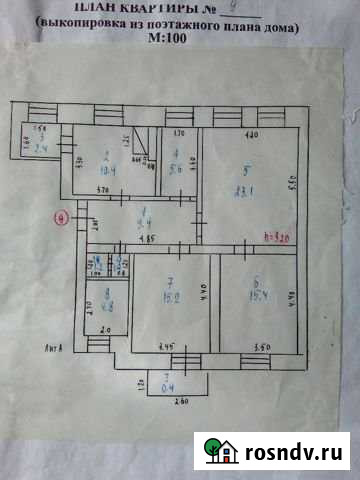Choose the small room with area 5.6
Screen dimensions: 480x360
(x=177, y=166)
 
